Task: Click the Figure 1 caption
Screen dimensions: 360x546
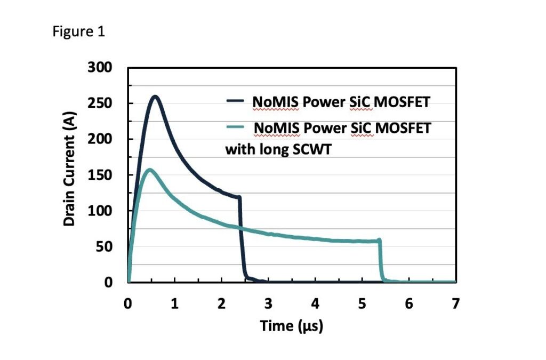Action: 79,32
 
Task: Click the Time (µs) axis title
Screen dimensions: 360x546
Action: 292,325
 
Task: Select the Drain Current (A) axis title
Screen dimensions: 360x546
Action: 69,169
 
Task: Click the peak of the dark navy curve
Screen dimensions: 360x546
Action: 155,97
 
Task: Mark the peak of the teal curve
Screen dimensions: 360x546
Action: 149,170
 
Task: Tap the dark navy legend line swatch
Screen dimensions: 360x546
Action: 235,101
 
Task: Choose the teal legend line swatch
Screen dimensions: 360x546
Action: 235,127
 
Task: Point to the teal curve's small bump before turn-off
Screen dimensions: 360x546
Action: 379,240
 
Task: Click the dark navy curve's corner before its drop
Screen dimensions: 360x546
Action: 239,197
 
